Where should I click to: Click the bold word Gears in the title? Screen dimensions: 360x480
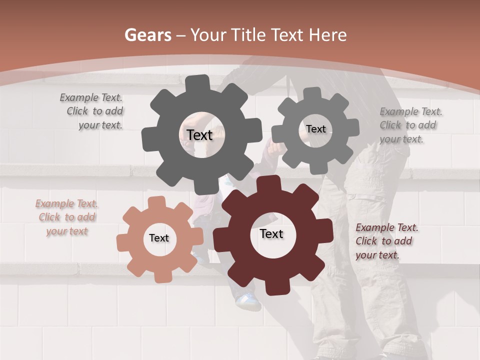coord(148,35)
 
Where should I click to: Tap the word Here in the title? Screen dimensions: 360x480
coord(328,35)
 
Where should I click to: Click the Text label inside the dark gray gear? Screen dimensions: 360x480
coord(200,135)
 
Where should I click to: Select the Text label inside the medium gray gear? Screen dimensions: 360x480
coord(316,129)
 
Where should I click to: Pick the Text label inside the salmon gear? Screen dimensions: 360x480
coord(159,238)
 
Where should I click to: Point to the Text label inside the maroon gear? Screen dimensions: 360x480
coord(271,233)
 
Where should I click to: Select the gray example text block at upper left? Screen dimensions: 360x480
coord(92,111)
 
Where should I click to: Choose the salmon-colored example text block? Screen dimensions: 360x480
coord(66,217)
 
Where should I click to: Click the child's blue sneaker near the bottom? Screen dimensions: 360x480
coord(248,300)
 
